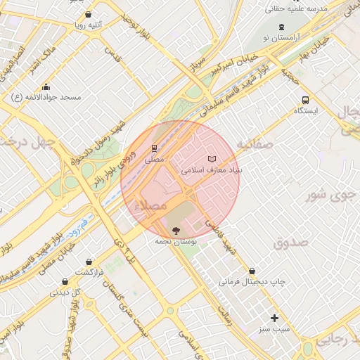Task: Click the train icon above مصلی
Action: (153, 148)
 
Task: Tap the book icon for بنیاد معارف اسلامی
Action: (212, 160)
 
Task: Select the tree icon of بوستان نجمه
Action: (175, 230)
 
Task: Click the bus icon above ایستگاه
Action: (305, 100)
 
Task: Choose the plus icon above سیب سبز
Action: (275, 318)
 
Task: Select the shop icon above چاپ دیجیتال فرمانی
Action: (252, 271)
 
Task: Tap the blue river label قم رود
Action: (75, 231)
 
